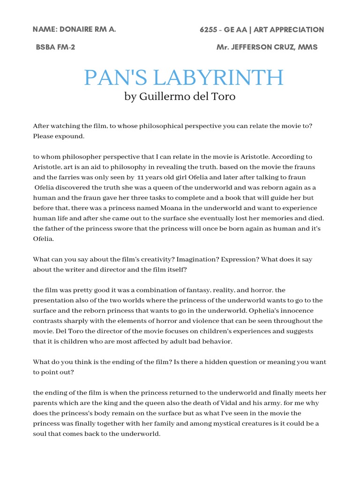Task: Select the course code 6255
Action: [209, 30]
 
